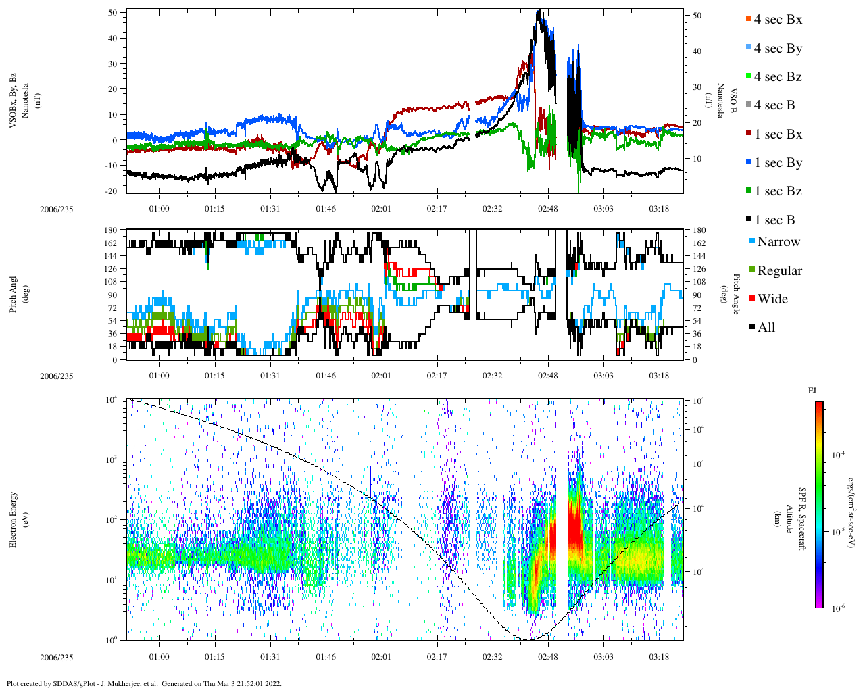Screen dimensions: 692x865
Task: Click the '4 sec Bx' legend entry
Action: (777, 20)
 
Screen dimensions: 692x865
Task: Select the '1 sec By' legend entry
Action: (777, 163)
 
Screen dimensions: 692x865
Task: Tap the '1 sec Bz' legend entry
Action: (777, 191)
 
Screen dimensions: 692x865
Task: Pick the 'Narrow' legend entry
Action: (778, 242)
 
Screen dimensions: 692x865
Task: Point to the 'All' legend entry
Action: (766, 328)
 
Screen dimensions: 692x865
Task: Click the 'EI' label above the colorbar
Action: (812, 391)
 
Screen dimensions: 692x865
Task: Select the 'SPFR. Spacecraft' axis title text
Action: (802, 518)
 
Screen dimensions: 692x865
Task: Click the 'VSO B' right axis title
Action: (733, 100)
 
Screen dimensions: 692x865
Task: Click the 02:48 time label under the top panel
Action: (548, 209)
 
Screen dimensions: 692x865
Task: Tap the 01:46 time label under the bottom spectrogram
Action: (326, 657)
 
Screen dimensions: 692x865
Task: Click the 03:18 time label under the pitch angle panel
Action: (659, 376)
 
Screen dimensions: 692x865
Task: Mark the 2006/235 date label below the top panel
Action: (56, 209)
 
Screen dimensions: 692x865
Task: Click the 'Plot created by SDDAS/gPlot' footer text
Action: (143, 683)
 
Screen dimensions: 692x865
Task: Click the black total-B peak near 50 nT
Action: (538, 12)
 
